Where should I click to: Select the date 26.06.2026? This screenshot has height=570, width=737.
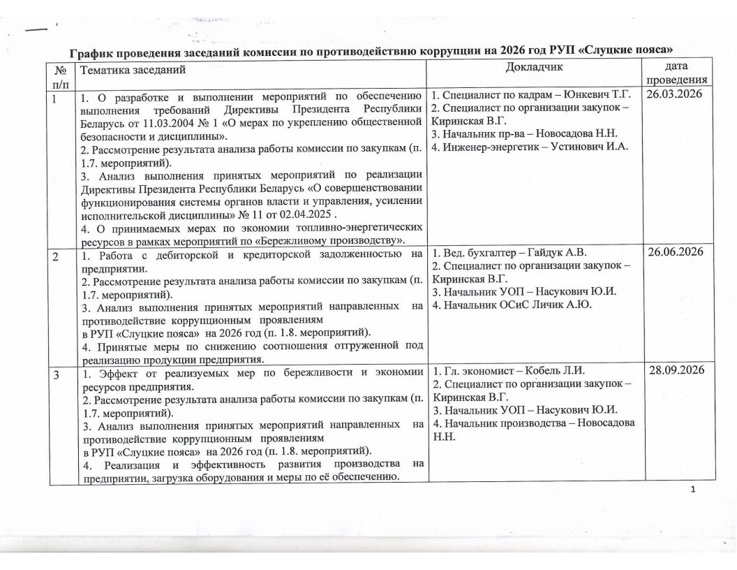(676, 251)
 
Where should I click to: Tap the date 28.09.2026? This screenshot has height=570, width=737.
(676, 370)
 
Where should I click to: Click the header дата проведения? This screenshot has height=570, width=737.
(676, 73)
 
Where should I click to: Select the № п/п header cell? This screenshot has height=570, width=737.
(59, 74)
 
